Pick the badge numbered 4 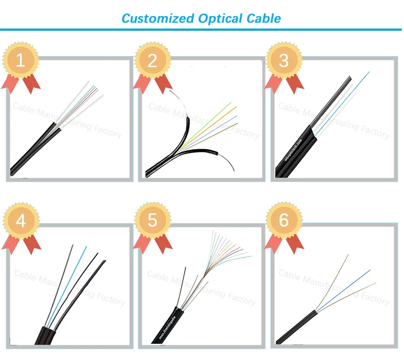[20, 221]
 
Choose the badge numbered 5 [152, 221]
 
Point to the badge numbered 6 [285, 221]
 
